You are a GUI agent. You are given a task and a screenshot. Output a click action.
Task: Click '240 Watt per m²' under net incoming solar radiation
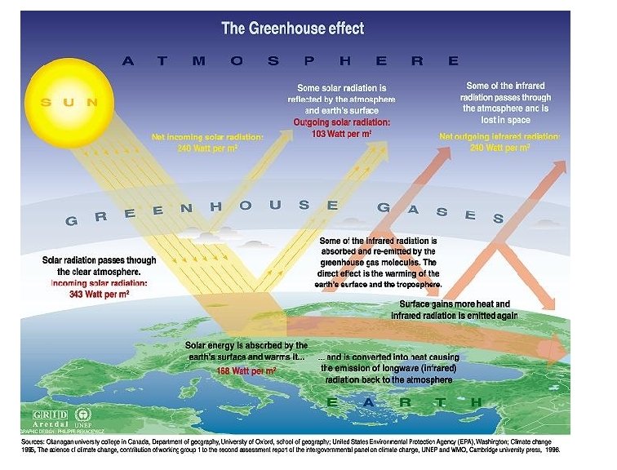(x=207, y=149)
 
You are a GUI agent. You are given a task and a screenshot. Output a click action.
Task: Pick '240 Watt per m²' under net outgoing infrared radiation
(x=499, y=149)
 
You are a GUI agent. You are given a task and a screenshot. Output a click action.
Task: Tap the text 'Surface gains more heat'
(x=454, y=304)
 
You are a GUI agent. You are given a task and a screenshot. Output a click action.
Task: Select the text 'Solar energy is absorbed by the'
(x=246, y=346)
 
